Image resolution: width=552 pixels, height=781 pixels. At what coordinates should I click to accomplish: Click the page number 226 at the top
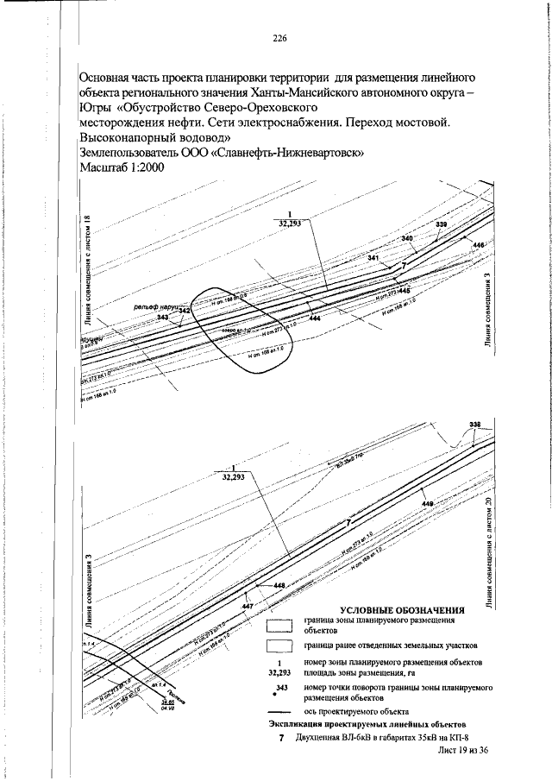click(x=279, y=37)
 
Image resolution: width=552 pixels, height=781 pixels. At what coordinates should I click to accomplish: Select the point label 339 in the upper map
click(x=442, y=224)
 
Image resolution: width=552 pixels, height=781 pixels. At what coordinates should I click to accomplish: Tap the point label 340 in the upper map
click(x=408, y=238)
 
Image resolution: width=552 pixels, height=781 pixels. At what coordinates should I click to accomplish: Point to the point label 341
click(x=373, y=258)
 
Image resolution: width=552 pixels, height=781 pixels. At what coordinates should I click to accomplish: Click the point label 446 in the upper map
click(x=480, y=247)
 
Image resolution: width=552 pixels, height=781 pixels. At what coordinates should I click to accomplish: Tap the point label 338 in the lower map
click(x=474, y=425)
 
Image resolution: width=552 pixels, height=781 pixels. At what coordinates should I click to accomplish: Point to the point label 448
click(x=279, y=586)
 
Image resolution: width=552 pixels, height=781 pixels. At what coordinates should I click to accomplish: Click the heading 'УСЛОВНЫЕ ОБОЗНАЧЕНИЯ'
click(x=403, y=610)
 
